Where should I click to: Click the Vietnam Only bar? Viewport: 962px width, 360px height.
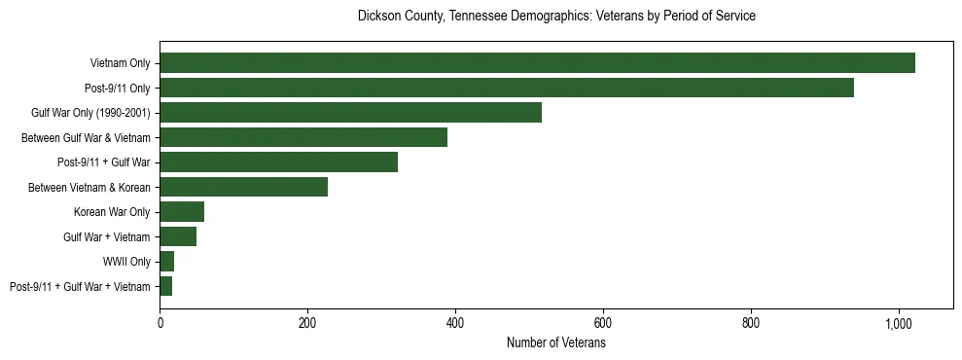[537, 63]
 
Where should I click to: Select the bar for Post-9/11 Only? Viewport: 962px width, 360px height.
[507, 88]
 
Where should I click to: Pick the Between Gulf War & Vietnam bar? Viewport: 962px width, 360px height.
[303, 137]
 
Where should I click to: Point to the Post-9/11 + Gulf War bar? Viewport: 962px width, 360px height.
[278, 162]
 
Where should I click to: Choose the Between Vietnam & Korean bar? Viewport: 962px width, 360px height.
[243, 187]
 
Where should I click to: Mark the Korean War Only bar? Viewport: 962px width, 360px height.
[182, 212]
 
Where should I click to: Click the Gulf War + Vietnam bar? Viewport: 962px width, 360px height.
[178, 236]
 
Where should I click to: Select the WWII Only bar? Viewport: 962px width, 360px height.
[167, 262]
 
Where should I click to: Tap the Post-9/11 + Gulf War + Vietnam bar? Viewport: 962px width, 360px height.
[166, 286]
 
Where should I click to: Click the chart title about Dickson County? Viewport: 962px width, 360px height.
[556, 17]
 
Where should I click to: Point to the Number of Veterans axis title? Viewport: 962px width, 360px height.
[556, 343]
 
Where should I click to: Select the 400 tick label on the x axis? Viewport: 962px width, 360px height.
[455, 322]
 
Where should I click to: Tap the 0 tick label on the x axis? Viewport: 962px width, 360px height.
[160, 322]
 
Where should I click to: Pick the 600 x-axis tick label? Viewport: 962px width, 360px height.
[603, 322]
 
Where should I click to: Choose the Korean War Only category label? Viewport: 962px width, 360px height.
[112, 212]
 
